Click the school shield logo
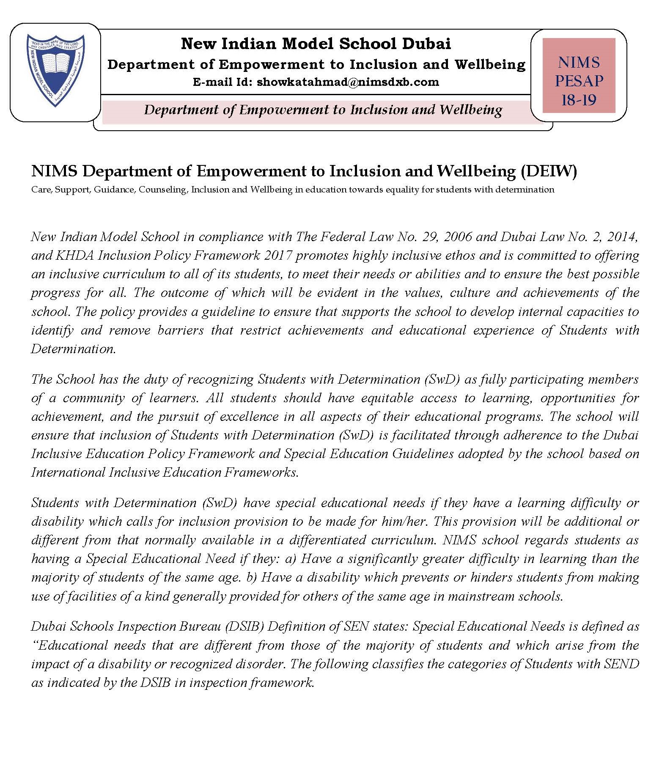55,70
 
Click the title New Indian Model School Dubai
316,43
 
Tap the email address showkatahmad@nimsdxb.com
348,82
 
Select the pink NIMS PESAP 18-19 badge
578,76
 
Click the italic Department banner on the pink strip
323,110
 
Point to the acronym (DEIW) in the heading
549,171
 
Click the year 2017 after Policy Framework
277,255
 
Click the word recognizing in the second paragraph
220,379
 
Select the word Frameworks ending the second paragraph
261,472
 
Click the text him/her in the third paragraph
406,521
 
